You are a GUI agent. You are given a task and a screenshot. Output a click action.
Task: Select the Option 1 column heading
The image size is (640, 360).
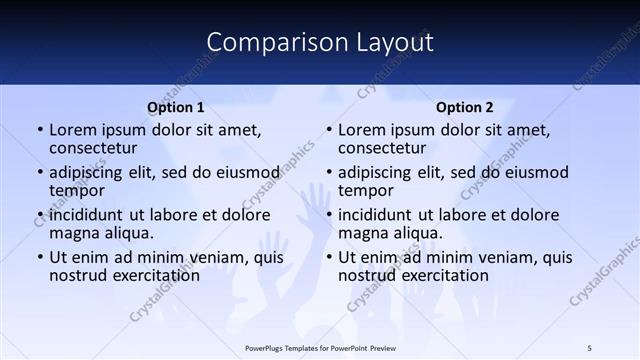coord(176,108)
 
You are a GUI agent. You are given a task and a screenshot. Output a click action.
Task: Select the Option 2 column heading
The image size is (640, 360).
coord(465,108)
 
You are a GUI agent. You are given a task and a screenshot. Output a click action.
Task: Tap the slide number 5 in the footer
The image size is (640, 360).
coord(589,347)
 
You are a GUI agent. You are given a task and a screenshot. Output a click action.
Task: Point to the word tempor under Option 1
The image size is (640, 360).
coord(76,191)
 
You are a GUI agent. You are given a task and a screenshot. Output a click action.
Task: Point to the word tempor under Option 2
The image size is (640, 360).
coord(365,191)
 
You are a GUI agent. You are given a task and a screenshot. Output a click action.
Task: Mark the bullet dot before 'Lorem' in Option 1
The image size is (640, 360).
coord(39,130)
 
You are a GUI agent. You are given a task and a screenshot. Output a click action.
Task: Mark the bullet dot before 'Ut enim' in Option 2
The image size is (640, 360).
coord(328,257)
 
